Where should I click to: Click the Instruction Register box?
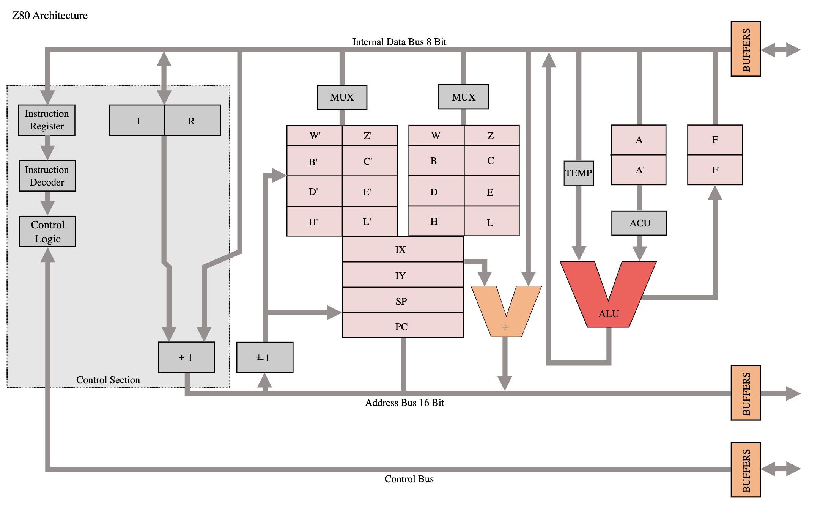(47, 120)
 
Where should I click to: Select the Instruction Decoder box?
(47, 176)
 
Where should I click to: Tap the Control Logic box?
(47, 231)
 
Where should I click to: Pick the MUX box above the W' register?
(342, 98)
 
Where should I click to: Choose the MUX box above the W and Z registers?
(463, 97)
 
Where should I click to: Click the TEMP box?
(578, 173)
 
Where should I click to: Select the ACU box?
(639, 223)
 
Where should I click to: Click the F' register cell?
(715, 170)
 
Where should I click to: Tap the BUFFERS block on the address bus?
(746, 393)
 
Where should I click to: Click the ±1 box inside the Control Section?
(186, 357)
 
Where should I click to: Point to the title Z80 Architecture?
(50, 16)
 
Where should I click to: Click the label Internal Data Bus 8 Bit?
(399, 42)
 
